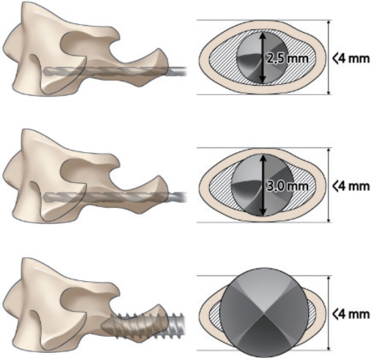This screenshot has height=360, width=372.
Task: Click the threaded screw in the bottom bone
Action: coord(147,324)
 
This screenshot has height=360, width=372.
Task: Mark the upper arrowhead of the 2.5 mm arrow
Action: coord(262,34)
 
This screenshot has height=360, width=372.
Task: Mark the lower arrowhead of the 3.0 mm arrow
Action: coord(262,214)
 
